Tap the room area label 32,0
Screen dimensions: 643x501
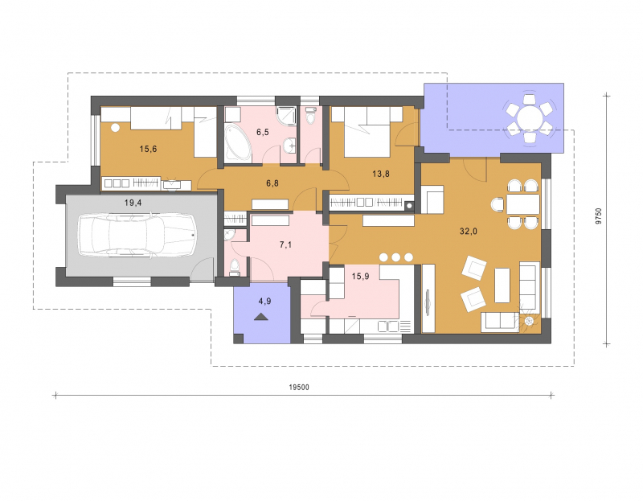(x=469, y=232)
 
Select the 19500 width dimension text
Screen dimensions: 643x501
(x=299, y=388)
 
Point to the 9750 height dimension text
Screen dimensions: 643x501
(x=598, y=216)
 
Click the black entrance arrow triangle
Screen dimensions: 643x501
(x=260, y=316)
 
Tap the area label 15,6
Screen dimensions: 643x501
(x=148, y=149)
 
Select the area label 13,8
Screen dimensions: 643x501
(x=381, y=174)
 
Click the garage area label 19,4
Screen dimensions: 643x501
(x=133, y=203)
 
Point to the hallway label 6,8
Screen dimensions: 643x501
(x=272, y=183)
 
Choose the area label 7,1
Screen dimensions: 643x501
(x=285, y=245)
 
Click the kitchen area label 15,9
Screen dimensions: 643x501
(x=360, y=277)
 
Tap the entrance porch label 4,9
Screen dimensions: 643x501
(x=264, y=302)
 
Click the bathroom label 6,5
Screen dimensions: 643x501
(x=263, y=132)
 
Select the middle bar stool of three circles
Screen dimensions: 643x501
(x=395, y=257)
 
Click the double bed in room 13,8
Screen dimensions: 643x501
(x=367, y=132)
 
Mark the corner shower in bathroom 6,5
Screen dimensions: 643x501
(x=287, y=116)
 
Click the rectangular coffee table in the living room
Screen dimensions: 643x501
(x=502, y=285)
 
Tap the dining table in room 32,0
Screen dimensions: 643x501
(x=523, y=204)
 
